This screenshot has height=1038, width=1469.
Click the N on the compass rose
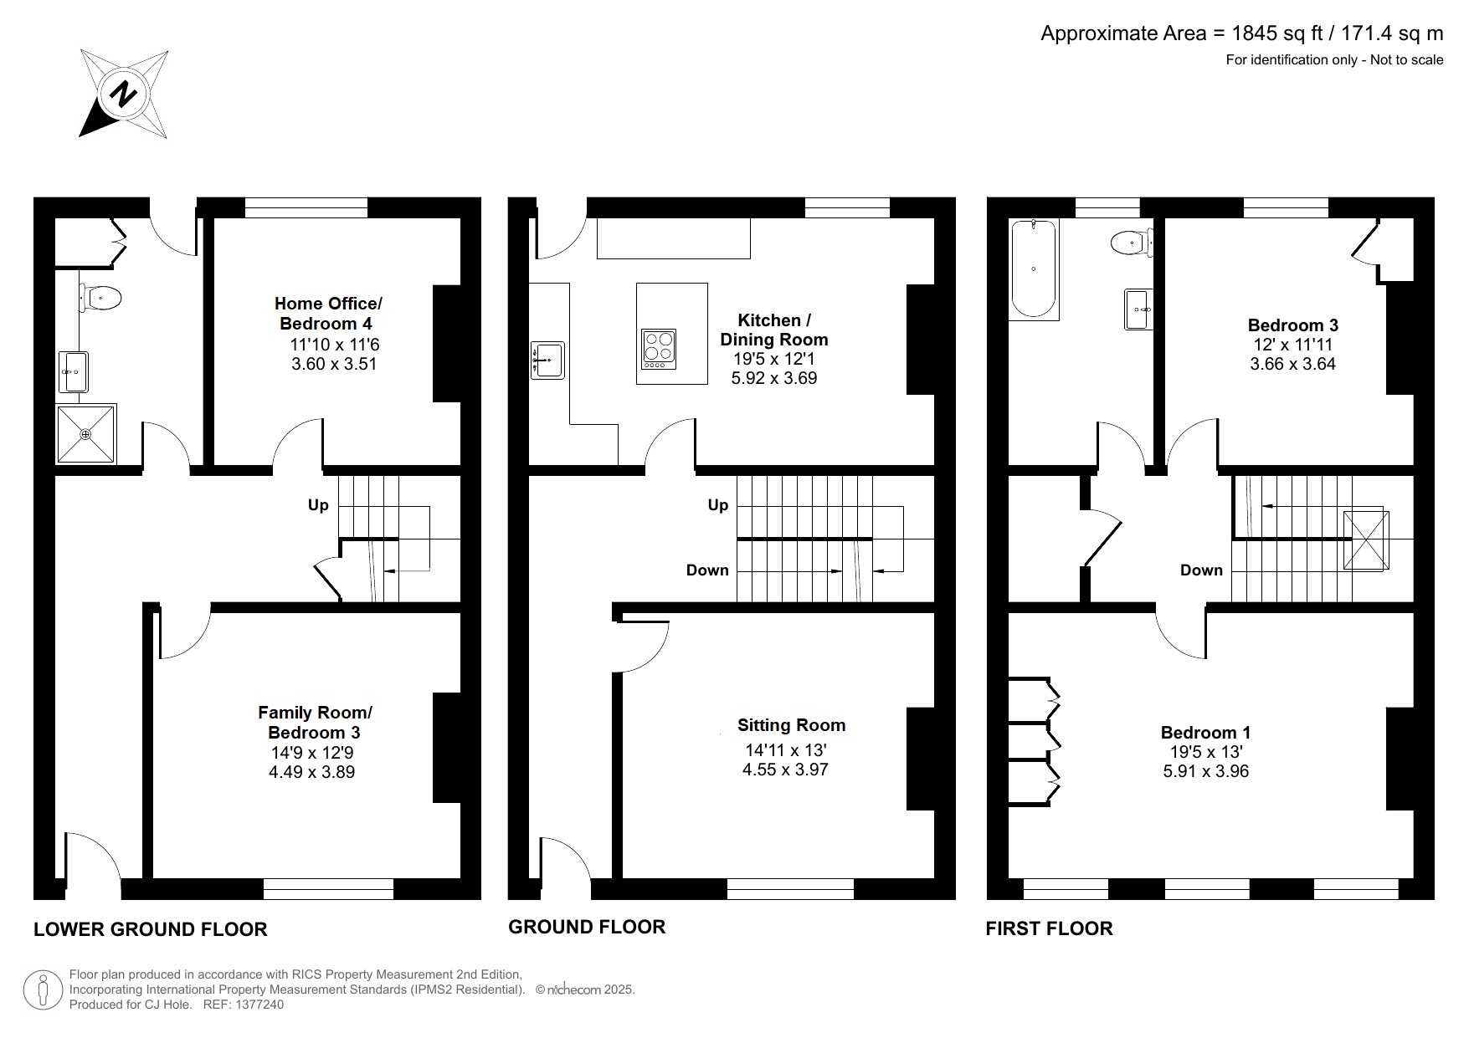pos(123,93)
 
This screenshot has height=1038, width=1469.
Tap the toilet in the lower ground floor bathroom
pos(102,296)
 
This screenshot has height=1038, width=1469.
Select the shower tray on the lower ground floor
pos(86,433)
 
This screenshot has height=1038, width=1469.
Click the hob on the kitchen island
pos(659,348)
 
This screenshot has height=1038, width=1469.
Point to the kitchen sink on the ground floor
pos(548,360)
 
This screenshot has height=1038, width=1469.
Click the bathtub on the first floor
pos(1035,269)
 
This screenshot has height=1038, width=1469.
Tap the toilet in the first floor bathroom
pos(1130,243)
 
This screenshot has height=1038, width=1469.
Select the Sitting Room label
pos(791,725)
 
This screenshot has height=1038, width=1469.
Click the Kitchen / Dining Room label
pos(773,330)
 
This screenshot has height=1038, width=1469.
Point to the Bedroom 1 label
pos(1204,733)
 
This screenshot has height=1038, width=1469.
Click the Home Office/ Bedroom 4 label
pos(327,314)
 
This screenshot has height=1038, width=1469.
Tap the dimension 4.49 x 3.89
pos(311,772)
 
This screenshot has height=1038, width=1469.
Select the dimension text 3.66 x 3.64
pos(1292,364)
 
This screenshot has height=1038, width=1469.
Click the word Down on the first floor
pos(1201,570)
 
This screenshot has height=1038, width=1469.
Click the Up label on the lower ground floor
pos(318,505)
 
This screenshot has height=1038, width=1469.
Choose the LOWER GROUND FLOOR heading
pos(151,929)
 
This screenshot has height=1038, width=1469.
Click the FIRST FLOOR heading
pos(1049,928)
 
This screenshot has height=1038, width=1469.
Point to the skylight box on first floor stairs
pos(1366,540)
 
